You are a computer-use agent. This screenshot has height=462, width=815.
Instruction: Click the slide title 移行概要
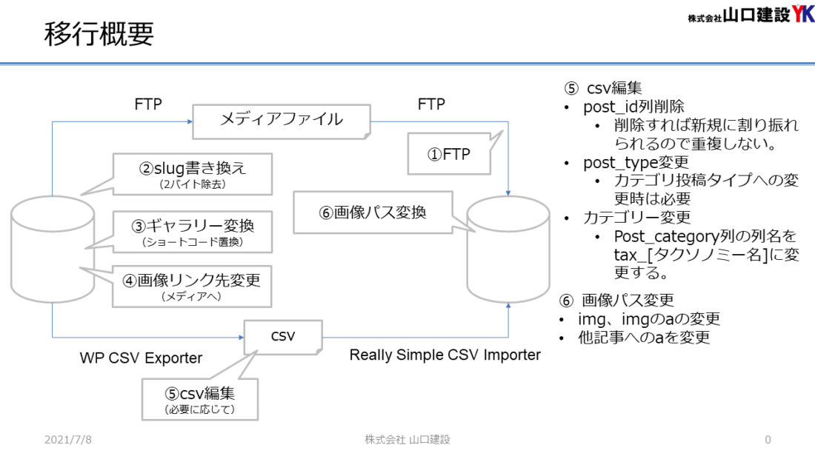(99, 34)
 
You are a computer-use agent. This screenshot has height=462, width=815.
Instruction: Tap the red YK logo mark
(803, 13)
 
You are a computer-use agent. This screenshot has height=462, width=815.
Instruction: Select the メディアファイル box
(282, 121)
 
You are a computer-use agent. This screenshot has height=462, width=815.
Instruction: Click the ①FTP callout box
(448, 154)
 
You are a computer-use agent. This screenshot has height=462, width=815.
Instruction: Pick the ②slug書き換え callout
(193, 174)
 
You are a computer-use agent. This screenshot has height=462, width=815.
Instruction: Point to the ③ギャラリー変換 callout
(193, 232)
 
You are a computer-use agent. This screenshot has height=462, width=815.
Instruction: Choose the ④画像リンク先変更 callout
(192, 287)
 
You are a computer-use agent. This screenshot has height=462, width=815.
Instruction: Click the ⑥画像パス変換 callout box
(373, 212)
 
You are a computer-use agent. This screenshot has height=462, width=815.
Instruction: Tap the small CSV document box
(283, 338)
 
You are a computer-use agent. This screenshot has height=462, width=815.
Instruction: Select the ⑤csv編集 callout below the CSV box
(200, 400)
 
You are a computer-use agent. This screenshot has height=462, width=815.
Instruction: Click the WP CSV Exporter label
(141, 358)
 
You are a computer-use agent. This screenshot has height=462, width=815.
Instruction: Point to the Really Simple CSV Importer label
(445, 355)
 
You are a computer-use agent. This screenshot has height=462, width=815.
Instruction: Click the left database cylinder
(53, 250)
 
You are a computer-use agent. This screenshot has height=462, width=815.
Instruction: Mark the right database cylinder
(508, 250)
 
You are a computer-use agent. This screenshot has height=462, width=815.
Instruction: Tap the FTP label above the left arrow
(148, 104)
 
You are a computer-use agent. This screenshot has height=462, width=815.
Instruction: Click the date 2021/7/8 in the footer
(68, 440)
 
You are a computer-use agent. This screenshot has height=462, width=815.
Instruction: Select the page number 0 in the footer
(768, 440)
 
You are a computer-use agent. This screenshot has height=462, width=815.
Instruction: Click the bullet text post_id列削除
(633, 107)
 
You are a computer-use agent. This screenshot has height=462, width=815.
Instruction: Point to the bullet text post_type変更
(636, 163)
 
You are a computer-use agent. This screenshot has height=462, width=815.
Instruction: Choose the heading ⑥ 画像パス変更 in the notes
(617, 301)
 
